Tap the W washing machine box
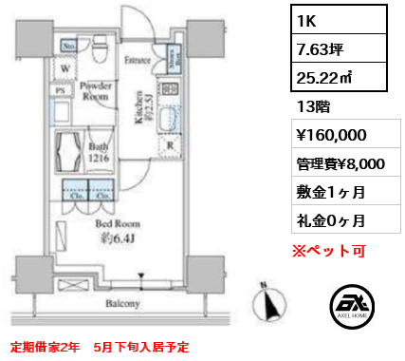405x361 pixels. pos(64,68)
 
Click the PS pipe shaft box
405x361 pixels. pos(62,91)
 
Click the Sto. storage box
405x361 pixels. pos(69,44)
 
